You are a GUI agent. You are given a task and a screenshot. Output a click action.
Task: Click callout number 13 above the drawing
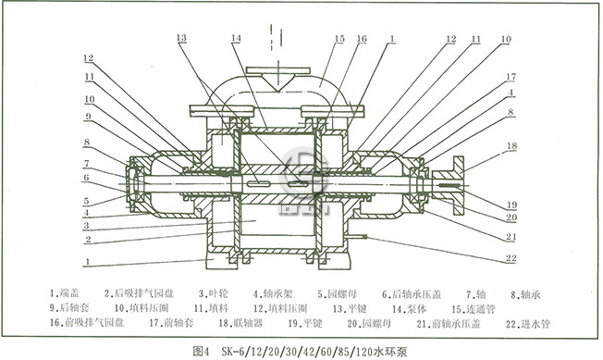point(181,38)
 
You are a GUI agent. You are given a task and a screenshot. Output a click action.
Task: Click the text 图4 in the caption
point(203,350)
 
